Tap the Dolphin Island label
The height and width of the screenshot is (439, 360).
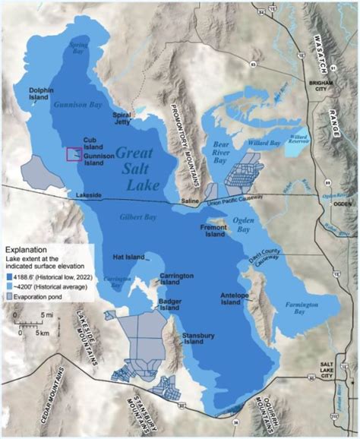(x=43, y=95)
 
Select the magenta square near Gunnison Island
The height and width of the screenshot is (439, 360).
(x=74, y=154)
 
